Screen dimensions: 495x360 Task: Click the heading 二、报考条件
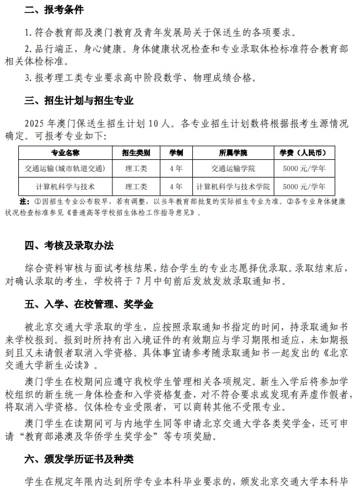coord(54,10)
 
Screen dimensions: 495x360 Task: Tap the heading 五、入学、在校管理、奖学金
coord(88,304)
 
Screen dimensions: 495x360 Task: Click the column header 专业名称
coord(65,153)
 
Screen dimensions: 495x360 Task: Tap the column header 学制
coord(176,153)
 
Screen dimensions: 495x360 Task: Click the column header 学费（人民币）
coord(304,153)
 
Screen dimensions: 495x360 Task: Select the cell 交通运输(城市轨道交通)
coord(65,169)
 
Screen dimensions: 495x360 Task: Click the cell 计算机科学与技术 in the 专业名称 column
coord(65,187)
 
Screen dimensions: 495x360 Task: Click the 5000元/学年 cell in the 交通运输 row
coord(304,169)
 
